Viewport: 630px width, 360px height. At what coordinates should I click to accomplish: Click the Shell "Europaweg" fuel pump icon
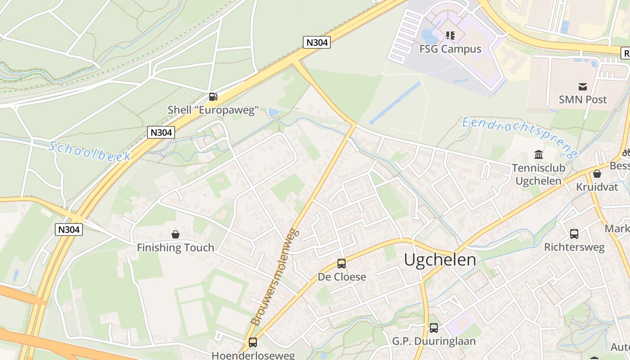213,96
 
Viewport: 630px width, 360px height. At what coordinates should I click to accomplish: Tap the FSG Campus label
450,49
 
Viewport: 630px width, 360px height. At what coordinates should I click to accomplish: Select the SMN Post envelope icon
583,86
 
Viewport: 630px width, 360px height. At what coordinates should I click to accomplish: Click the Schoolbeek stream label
90,151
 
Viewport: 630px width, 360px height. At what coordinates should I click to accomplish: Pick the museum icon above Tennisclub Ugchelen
538,155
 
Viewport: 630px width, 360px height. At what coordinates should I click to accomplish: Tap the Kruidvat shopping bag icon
597,174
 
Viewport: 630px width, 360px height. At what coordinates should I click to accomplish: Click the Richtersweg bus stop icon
574,234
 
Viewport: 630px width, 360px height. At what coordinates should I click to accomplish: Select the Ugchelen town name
440,260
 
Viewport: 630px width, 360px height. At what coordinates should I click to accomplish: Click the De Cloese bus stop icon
342,264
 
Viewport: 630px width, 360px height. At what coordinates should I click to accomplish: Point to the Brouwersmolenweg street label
275,276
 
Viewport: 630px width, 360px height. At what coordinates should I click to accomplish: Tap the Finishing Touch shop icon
175,234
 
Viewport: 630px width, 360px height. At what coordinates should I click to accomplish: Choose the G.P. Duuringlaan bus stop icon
433,328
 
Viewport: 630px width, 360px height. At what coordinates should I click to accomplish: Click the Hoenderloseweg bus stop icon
253,342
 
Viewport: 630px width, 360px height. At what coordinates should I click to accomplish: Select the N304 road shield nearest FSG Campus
317,42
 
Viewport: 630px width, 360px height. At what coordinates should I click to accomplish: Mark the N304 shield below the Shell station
161,132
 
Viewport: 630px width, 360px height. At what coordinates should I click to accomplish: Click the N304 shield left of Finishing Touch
69,229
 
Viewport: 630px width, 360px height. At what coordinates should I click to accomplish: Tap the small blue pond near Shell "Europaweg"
273,112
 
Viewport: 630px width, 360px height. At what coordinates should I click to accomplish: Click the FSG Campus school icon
450,35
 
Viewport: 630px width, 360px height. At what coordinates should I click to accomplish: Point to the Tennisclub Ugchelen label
538,174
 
